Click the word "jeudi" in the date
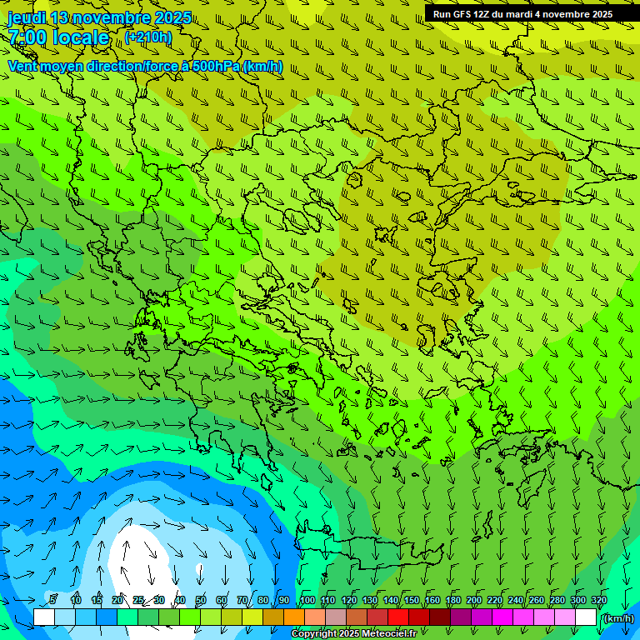[27, 18]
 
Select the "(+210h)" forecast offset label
[148, 37]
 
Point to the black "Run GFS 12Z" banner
[522, 13]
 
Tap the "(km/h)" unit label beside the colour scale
[617, 617]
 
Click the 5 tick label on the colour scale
[53, 600]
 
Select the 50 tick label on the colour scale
[201, 600]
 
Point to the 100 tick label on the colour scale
[307, 600]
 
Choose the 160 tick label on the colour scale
[432, 600]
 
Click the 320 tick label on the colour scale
[599, 600]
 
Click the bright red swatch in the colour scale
[398, 617]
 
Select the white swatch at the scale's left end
[44, 617]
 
